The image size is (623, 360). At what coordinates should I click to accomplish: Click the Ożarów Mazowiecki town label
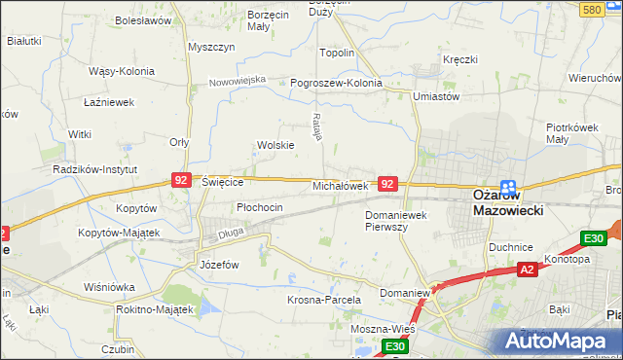point(507,201)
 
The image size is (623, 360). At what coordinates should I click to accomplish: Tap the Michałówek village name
point(339,185)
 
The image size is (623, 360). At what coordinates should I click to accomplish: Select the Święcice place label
point(222,182)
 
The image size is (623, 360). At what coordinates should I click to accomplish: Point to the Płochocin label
point(260,207)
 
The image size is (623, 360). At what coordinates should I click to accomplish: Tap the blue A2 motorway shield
point(527,270)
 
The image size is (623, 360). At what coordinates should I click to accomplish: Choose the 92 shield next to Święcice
point(180,180)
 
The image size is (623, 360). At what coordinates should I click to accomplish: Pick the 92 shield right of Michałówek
point(387,183)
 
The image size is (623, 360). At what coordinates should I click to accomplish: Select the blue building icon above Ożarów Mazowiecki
point(507,186)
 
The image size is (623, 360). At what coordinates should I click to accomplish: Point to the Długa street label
point(231,232)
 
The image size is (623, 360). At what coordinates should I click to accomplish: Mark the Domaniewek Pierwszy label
point(399,220)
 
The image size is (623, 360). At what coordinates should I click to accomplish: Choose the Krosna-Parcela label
point(324,300)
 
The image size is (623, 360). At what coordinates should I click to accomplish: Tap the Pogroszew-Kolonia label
point(337,83)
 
